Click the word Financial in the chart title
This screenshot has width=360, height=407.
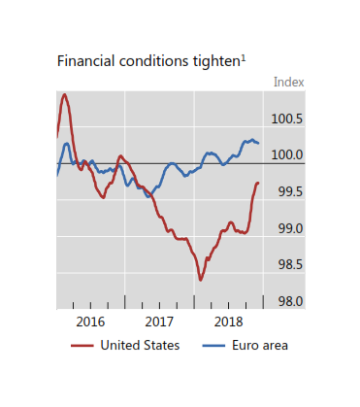pyautogui.click(x=83, y=60)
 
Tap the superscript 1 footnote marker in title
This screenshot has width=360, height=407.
pyautogui.click(x=243, y=56)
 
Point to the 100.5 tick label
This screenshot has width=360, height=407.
pyautogui.click(x=287, y=119)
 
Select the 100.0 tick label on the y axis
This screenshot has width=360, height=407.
pyautogui.click(x=287, y=155)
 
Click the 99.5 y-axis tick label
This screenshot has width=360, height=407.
pyautogui.click(x=290, y=192)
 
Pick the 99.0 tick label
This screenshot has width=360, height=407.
pyautogui.click(x=290, y=229)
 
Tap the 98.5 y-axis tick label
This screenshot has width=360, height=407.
pyautogui.click(x=290, y=265)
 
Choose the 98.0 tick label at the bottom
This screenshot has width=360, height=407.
pyautogui.click(x=290, y=302)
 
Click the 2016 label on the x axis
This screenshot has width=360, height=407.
pyautogui.click(x=89, y=321)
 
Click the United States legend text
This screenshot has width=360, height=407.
pyautogui.click(x=141, y=344)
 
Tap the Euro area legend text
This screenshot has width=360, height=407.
pyautogui.click(x=259, y=344)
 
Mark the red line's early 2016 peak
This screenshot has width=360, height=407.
pyautogui.click(x=64, y=94)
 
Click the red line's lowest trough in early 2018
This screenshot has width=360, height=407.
pyautogui.click(x=201, y=280)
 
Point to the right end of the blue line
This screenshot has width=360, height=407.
pyautogui.click(x=259, y=144)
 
